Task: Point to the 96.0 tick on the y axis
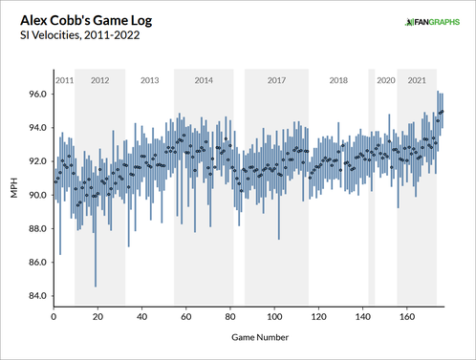(x=38, y=95)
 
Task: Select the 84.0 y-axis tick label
(x=38, y=295)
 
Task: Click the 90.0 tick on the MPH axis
(x=38, y=195)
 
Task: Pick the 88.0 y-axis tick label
(x=38, y=228)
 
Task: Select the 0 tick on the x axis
(x=54, y=316)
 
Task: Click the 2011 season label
(x=63, y=80)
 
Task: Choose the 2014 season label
(x=204, y=80)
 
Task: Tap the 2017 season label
(x=277, y=80)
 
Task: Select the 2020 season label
(x=385, y=80)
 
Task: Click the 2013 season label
(x=149, y=80)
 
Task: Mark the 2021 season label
(x=417, y=80)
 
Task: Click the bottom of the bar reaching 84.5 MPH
(x=96, y=286)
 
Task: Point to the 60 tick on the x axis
(x=185, y=316)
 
